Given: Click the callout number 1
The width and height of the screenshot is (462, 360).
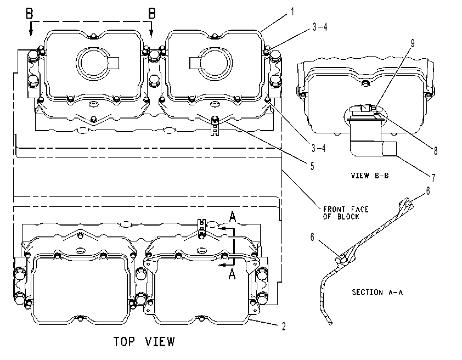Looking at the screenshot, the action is point(292,12).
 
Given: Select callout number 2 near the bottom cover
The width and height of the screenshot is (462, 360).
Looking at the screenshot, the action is point(284,327).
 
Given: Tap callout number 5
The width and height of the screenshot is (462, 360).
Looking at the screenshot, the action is point(312,166).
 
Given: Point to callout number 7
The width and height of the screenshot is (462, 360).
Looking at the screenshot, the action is point(433,178).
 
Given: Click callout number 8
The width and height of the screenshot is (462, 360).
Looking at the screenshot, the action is point(436,151).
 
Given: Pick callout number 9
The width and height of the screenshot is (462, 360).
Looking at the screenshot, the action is point(413,43).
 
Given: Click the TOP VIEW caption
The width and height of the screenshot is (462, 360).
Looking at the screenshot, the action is point(144,341).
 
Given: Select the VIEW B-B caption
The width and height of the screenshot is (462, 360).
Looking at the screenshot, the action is point(370,176).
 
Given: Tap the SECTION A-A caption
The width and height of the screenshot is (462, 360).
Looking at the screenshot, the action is point(377,292).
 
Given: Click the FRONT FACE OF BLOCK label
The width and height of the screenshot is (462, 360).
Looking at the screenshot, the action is point(346,213).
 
